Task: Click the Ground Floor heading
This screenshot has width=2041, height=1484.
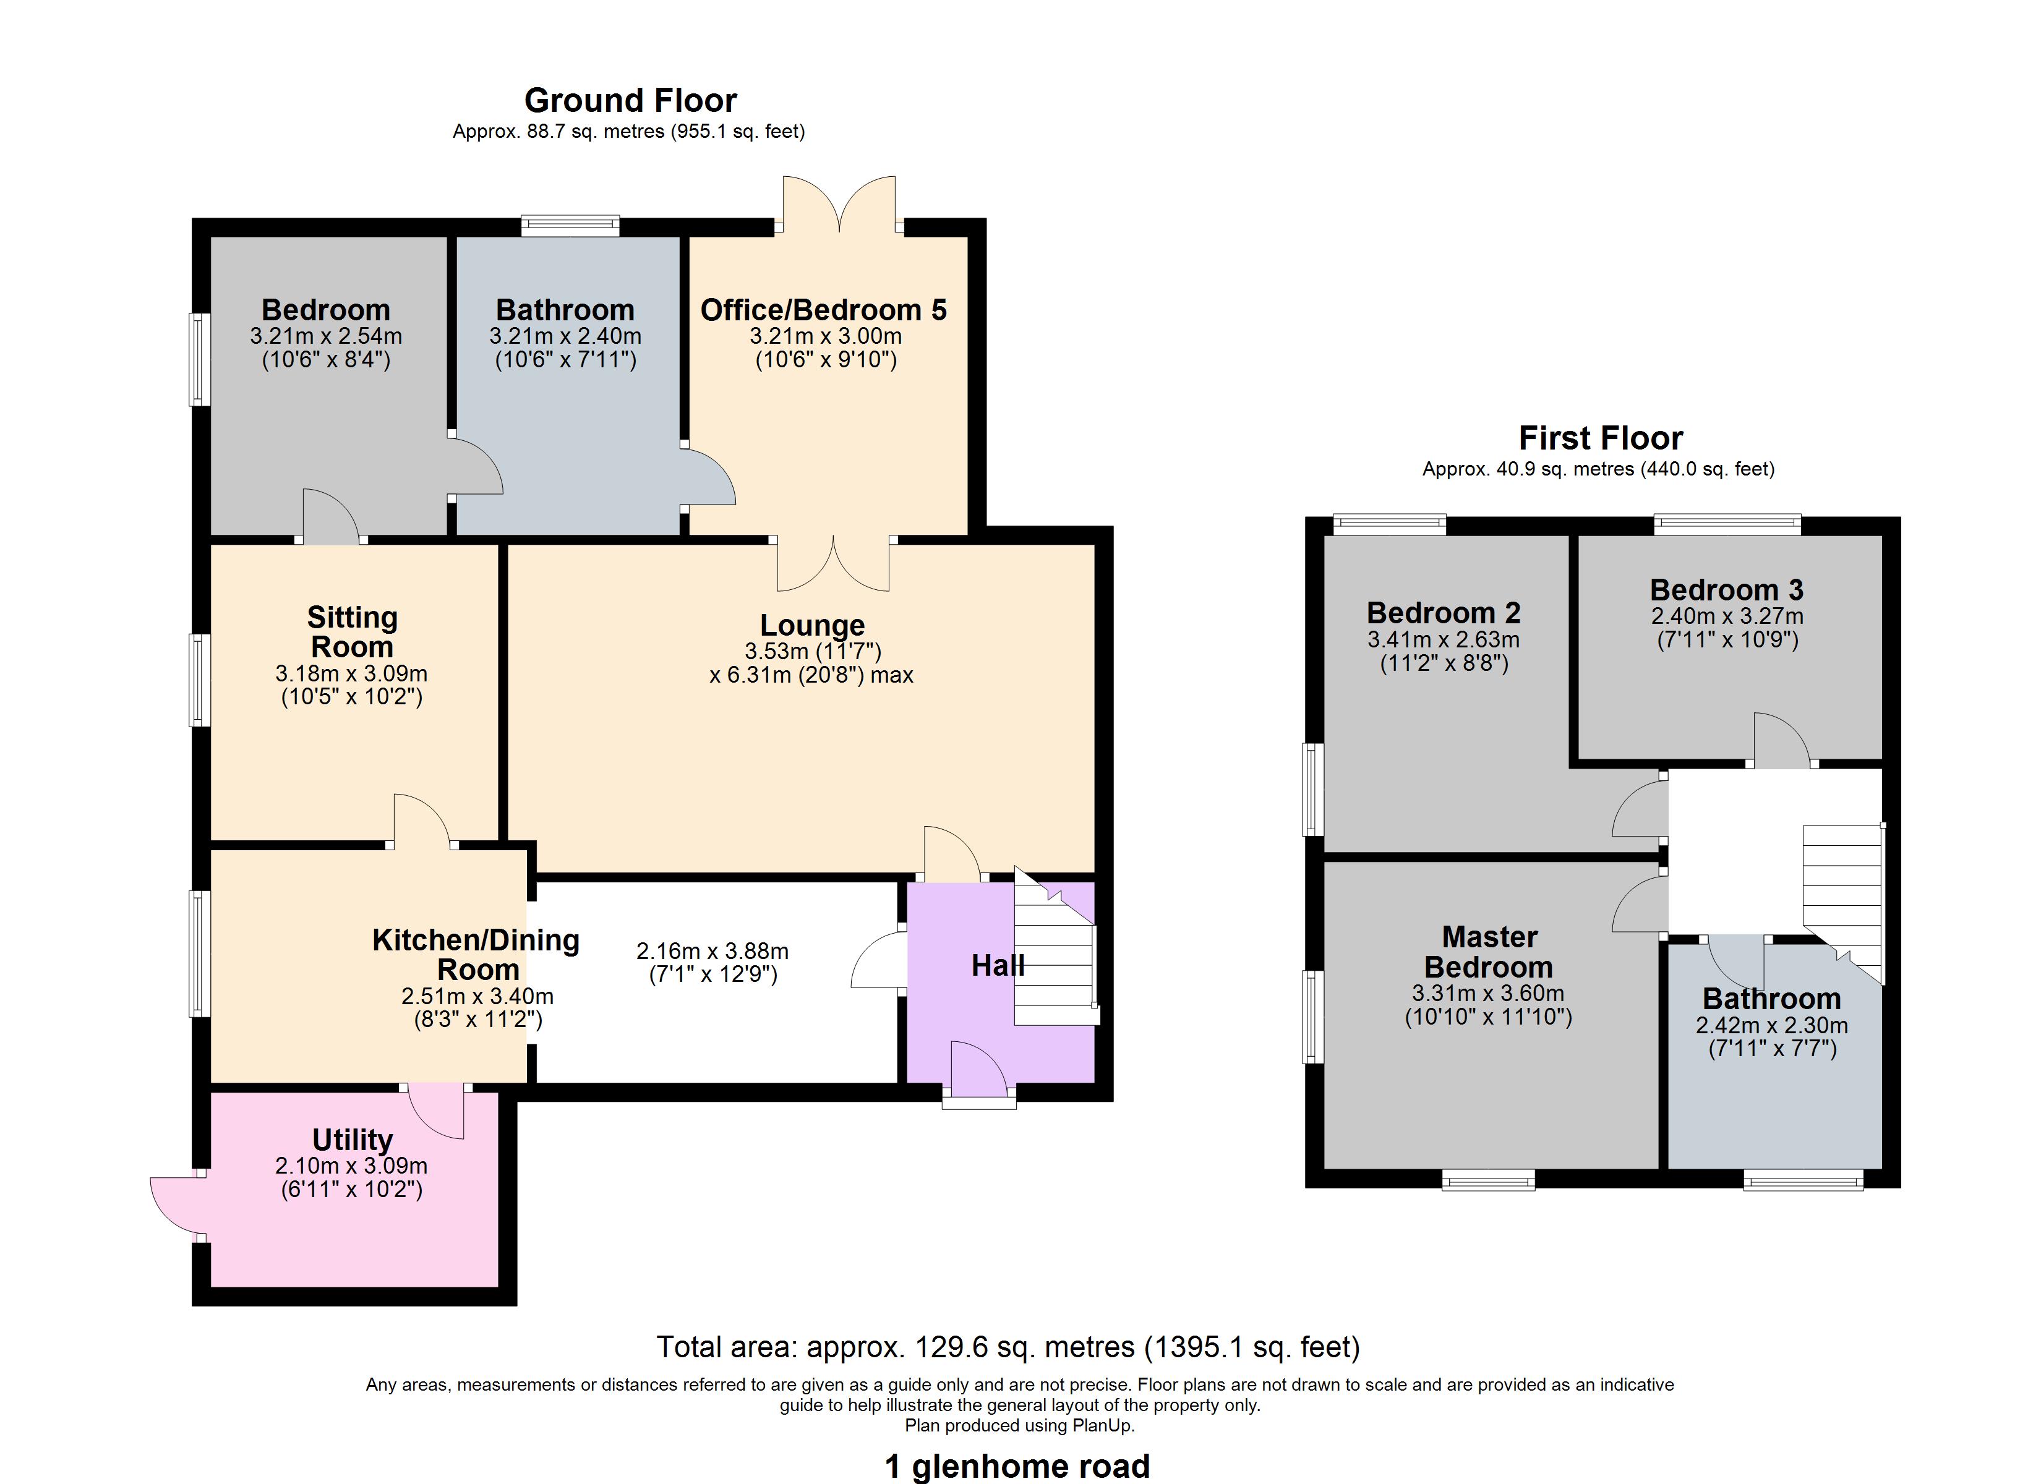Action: click(630, 100)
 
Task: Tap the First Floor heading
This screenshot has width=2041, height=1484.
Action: click(1600, 438)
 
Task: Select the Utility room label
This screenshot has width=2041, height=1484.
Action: click(352, 1140)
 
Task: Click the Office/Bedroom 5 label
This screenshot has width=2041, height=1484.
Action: click(823, 310)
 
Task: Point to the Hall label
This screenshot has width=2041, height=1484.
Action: click(997, 966)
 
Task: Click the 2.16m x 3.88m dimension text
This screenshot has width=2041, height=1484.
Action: click(712, 951)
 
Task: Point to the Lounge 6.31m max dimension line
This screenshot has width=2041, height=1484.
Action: click(811, 675)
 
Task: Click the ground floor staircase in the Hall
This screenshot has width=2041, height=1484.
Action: click(1055, 958)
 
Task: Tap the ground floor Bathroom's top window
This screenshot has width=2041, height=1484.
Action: click(570, 225)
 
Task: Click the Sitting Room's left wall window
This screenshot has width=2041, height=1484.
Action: click(199, 680)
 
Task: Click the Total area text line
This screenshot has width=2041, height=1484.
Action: click(1008, 1347)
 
